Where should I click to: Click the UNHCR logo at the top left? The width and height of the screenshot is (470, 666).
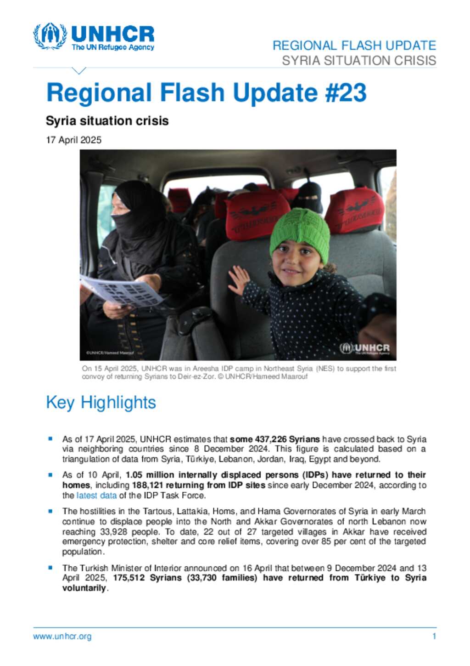[x=94, y=36]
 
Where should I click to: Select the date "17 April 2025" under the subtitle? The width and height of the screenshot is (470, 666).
[x=73, y=140]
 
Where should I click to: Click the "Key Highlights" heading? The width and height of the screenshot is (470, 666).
[x=101, y=403]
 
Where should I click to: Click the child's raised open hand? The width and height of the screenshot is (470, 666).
[x=239, y=280]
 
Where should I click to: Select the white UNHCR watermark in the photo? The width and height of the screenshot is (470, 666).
[x=365, y=349]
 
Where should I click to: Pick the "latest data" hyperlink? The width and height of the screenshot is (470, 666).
[x=96, y=495]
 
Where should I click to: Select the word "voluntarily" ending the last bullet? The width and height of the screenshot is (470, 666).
[x=84, y=588]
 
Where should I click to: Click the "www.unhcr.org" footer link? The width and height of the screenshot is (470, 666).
[x=62, y=637]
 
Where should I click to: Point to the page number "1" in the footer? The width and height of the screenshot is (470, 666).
[x=434, y=637]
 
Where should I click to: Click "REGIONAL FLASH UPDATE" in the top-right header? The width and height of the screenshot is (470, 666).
[x=354, y=46]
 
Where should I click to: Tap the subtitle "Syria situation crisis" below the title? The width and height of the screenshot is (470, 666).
[x=107, y=121]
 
